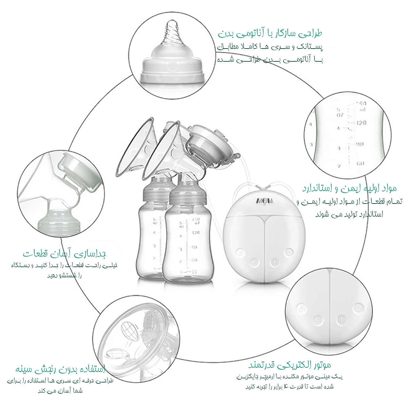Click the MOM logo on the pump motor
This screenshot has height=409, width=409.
click(265, 201)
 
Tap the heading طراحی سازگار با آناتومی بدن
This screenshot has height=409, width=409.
click(270, 33)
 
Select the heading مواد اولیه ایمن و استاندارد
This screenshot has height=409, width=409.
click(349, 189)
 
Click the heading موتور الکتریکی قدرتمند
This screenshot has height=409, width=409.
click(289, 365)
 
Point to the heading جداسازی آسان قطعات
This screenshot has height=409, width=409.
click(64, 254)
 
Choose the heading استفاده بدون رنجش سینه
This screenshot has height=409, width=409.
click(60, 369)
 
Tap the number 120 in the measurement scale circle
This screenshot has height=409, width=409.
click(361, 123)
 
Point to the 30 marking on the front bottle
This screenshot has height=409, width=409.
click(194, 272)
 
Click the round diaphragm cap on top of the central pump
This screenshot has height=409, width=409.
click(206, 141)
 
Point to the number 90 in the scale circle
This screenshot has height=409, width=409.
click(360, 144)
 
